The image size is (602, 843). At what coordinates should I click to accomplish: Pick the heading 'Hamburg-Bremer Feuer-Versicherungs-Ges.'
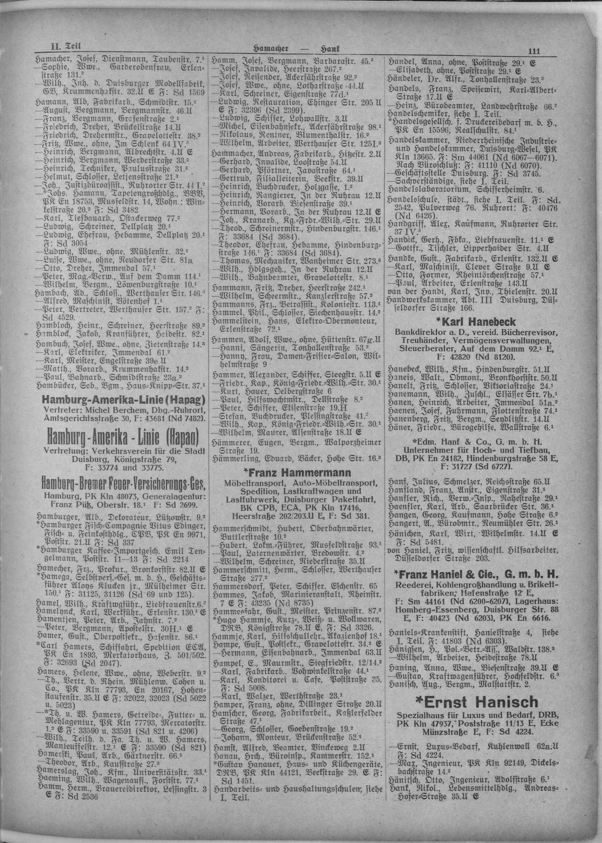(121, 485)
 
